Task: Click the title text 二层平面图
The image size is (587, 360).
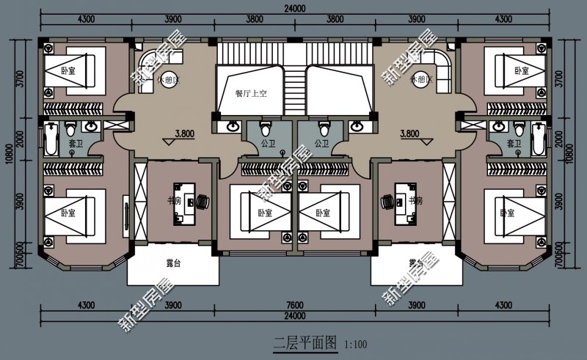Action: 305,342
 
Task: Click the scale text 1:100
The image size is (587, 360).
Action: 354,343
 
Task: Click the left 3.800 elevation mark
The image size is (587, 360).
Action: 185,133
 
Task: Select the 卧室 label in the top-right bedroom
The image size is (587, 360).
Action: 522,71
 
